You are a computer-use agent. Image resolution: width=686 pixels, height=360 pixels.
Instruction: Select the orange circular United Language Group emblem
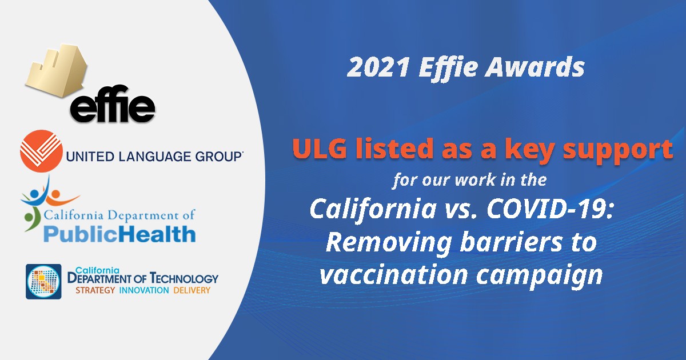coord(41,151)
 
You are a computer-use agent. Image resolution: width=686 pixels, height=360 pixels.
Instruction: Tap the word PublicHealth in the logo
coord(119,234)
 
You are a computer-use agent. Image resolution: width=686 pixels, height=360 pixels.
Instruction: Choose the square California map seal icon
coord(43,281)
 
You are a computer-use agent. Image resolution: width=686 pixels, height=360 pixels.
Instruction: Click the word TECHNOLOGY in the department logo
coord(184,278)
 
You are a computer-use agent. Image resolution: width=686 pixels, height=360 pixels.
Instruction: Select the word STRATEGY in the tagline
coord(95,290)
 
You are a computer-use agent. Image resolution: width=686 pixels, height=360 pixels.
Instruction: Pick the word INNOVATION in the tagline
coord(144,290)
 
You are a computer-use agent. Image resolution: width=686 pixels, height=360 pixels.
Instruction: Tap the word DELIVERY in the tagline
coord(192,290)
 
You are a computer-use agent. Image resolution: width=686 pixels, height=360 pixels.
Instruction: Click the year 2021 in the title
coord(378,67)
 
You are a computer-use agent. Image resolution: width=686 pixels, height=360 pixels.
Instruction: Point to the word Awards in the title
coord(535,67)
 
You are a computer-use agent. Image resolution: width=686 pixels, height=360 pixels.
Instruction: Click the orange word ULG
coord(320,149)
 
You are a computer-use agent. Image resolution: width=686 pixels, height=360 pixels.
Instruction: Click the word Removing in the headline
coord(389,243)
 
